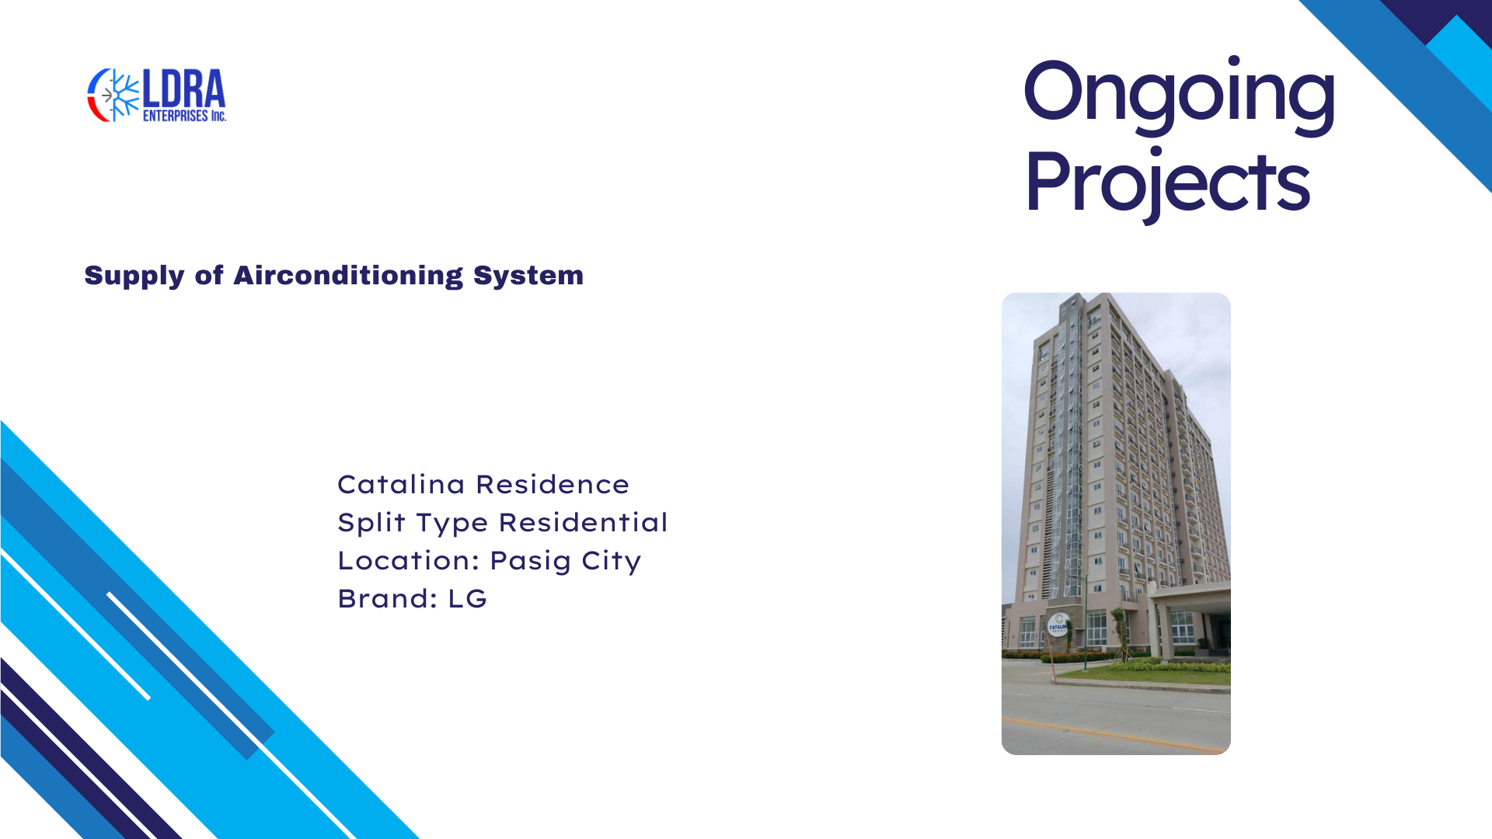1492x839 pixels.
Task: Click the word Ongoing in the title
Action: click(1179, 94)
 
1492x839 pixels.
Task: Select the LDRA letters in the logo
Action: click(184, 89)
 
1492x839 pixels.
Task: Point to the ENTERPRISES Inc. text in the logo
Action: click(184, 116)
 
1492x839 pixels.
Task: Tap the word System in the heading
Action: click(528, 275)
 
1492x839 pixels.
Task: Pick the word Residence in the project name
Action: click(553, 484)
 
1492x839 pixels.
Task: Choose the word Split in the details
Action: click(371, 523)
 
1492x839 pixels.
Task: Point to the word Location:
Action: click(408, 560)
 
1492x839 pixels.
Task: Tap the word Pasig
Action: click(531, 562)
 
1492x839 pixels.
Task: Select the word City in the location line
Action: click(612, 562)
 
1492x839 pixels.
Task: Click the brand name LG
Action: click(468, 598)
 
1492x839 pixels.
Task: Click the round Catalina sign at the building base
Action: click(1058, 624)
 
